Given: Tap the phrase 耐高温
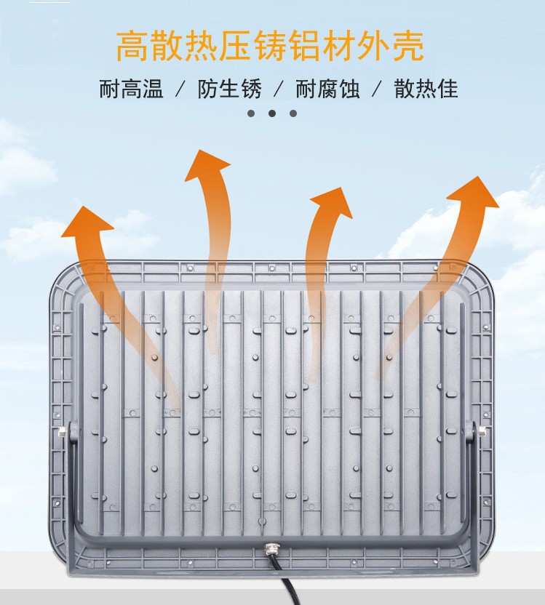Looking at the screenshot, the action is [x=132, y=89].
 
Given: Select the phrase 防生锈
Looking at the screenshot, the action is [x=229, y=89].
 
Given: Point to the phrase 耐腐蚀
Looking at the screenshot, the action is [x=327, y=89].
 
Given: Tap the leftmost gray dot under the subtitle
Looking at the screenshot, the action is [x=251, y=113].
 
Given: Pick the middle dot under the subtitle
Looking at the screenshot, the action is [x=272, y=113].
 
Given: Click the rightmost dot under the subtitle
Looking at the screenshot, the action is [x=293, y=113].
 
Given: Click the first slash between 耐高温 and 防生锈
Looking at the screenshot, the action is [x=180, y=89].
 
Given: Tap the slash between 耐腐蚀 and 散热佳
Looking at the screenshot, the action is [x=376, y=89].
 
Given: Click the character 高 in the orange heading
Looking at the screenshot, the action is [x=133, y=46].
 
